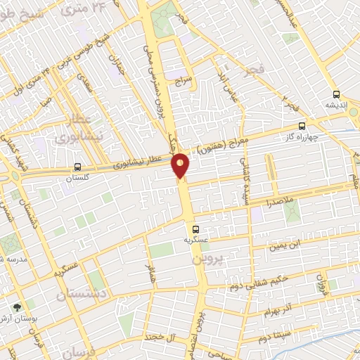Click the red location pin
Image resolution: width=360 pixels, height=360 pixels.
(181, 165)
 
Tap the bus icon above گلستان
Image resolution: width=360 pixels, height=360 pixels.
(77, 167)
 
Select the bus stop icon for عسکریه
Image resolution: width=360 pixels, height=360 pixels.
(196, 229)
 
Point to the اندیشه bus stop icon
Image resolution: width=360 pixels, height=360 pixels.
(336, 94)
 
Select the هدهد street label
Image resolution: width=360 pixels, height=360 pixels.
(150, 274)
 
